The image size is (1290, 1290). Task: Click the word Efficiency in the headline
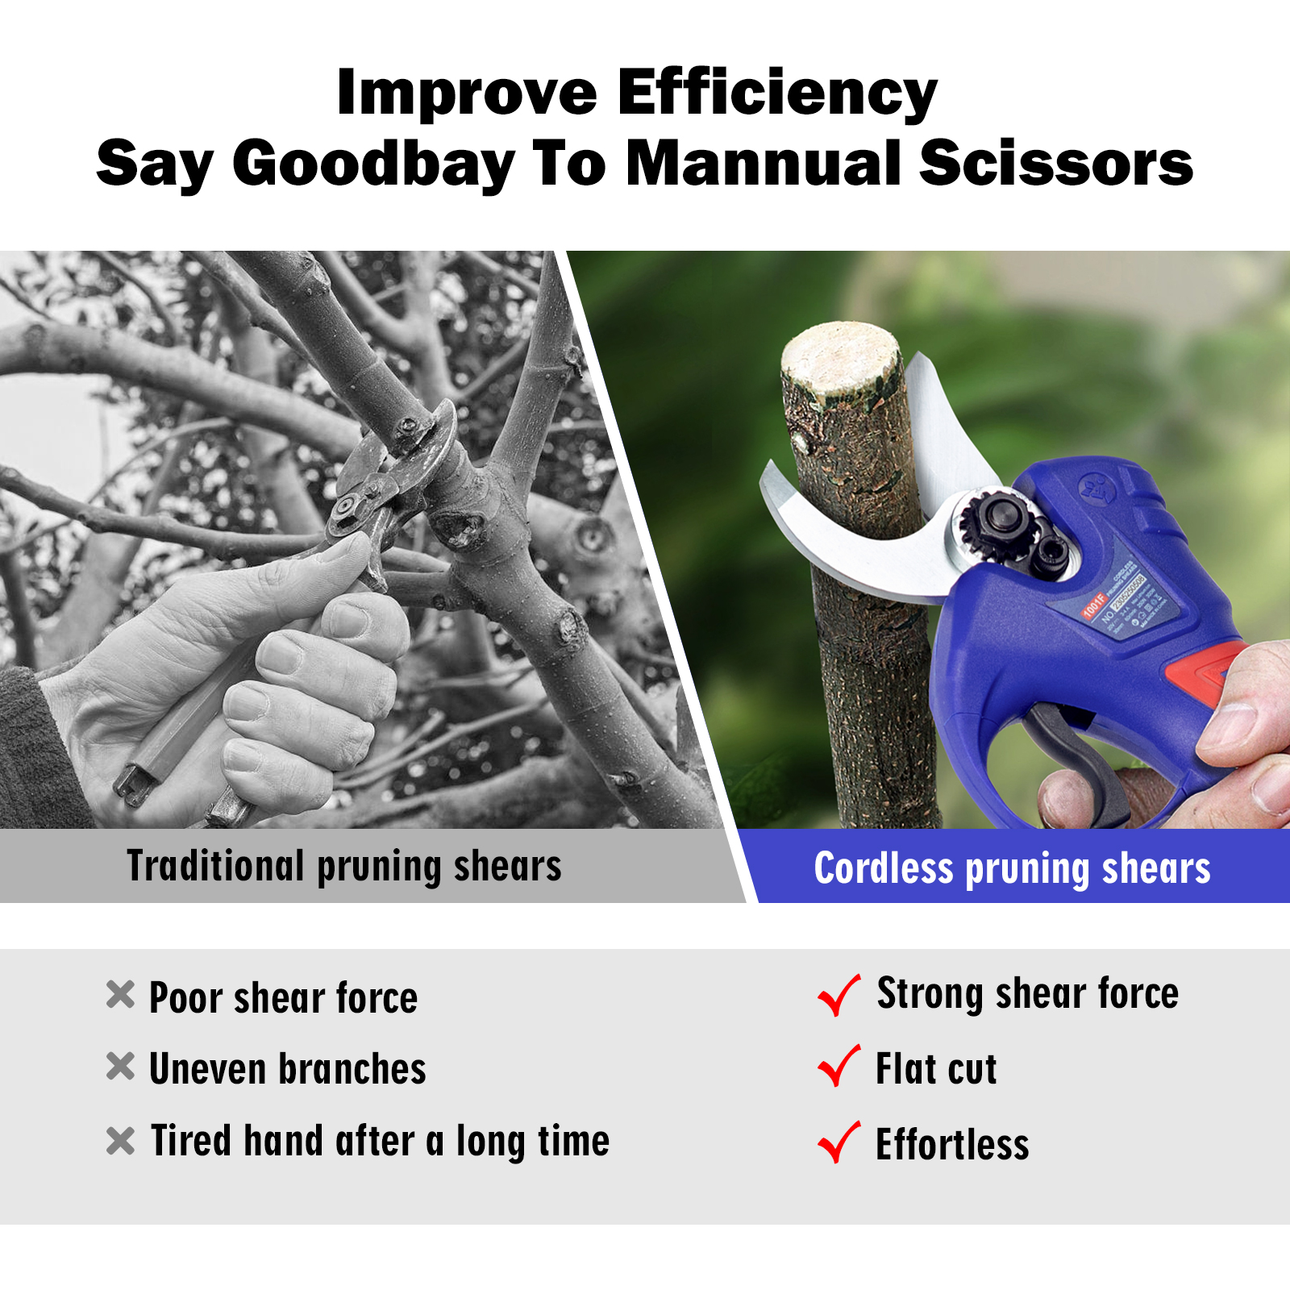776,94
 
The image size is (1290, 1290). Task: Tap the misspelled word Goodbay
373,165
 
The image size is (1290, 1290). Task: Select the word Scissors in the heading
1055,164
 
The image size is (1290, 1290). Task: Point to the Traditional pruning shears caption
344,867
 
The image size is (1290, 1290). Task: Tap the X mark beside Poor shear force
120,995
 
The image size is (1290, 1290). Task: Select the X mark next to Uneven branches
120,1067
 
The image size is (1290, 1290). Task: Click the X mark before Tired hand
120,1140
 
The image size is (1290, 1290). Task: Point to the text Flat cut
936,1070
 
